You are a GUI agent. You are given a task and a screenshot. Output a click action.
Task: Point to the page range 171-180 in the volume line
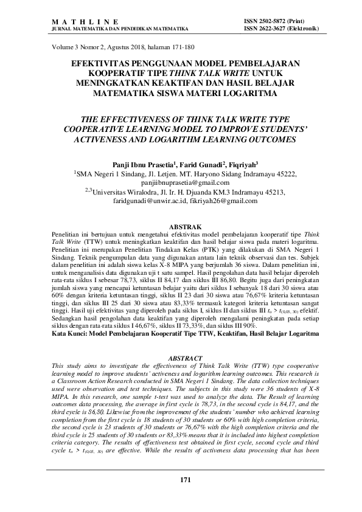pos(183,47)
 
